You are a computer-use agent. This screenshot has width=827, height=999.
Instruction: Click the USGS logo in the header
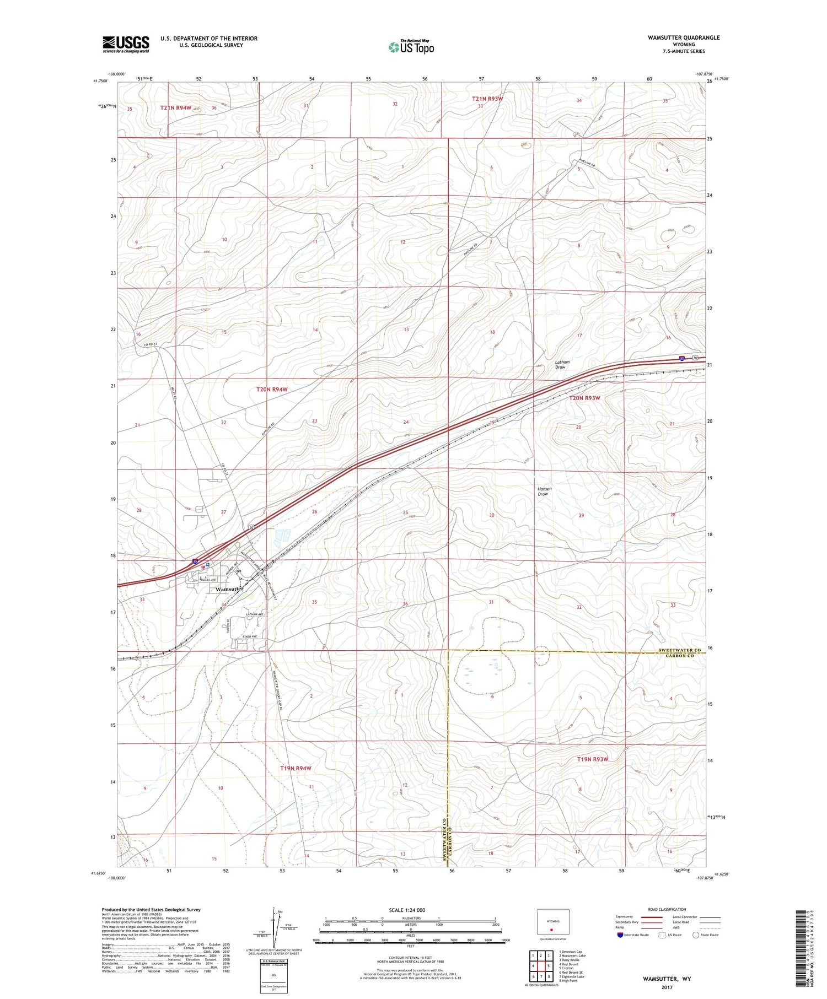(126, 44)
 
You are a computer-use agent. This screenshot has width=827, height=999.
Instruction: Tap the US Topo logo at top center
(411, 47)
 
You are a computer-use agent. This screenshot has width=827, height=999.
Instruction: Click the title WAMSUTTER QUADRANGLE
(684, 37)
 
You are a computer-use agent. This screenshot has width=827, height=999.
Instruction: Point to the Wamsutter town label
(229, 588)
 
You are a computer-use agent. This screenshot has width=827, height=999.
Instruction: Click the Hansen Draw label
(544, 491)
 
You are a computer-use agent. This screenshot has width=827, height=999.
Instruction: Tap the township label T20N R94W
(272, 390)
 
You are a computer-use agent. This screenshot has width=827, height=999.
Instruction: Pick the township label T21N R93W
(487, 99)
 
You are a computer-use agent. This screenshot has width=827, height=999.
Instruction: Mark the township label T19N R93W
(592, 759)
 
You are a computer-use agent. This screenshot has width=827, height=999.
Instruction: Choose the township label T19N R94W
(296, 768)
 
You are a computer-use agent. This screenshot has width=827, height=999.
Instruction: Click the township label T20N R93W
(584, 398)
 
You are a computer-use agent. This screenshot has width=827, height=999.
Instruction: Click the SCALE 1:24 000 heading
(407, 910)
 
